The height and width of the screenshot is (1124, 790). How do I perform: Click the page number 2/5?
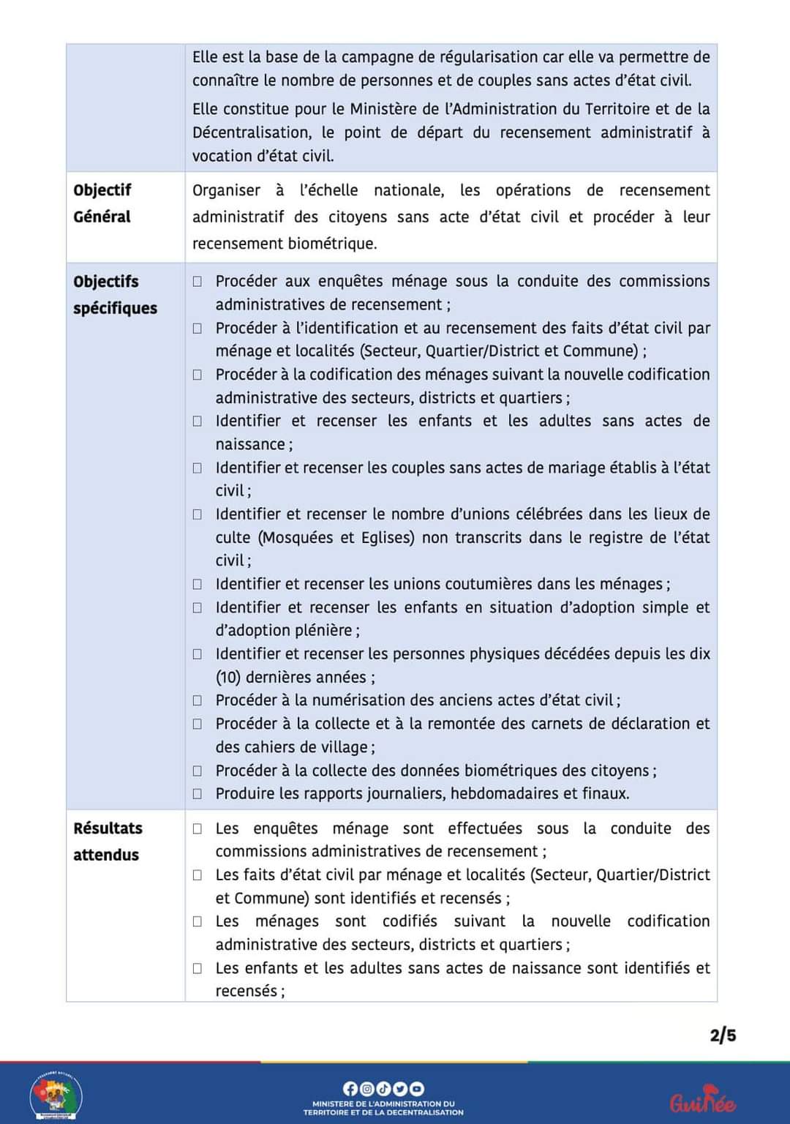[x=723, y=1035]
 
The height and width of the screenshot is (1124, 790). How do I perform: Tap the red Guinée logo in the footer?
[x=701, y=1099]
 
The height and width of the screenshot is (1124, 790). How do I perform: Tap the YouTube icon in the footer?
[x=400, y=1089]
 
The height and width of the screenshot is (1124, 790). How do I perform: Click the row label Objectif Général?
[x=102, y=203]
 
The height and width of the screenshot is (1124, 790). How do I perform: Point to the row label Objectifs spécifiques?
[x=115, y=294]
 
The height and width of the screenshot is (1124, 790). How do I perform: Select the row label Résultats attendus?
[x=108, y=842]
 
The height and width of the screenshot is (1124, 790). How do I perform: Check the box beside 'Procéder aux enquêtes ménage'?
[x=197, y=282]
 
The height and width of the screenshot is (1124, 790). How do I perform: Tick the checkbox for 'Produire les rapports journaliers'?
[x=197, y=794]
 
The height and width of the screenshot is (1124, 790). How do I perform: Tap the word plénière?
[x=321, y=631]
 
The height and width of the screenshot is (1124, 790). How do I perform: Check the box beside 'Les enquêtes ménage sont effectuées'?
[x=197, y=828]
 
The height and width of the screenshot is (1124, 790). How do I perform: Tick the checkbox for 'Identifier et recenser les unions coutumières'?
[x=197, y=584]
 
